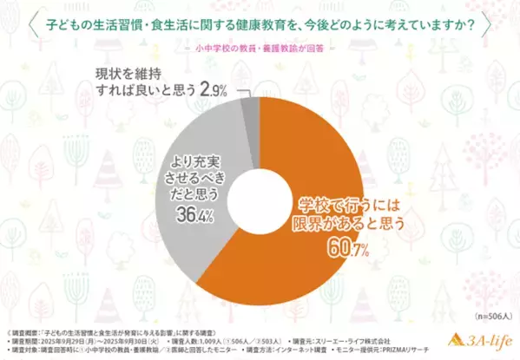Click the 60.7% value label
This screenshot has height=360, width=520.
click(x=350, y=252)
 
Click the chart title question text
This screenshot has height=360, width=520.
click(x=260, y=23)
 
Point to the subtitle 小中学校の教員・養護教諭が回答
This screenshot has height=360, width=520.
click(x=260, y=49)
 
